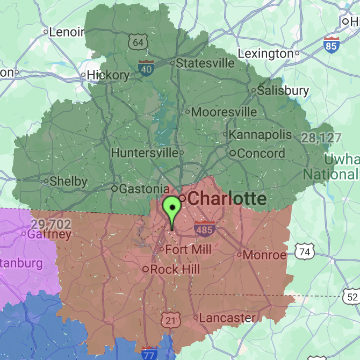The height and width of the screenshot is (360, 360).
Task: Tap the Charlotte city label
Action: [x=227, y=199]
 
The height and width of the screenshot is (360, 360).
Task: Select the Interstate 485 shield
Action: [x=205, y=228]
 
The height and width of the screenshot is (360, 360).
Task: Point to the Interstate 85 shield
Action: [x=332, y=45]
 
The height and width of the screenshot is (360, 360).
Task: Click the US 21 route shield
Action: [x=170, y=320]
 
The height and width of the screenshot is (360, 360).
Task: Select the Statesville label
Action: [x=205, y=63]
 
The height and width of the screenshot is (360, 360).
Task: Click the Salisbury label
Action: [x=283, y=90]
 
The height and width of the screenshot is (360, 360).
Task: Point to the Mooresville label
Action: [x=224, y=112]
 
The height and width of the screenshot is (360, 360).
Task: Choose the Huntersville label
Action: [x=145, y=153]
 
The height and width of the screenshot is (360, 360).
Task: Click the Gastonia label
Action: [x=143, y=189]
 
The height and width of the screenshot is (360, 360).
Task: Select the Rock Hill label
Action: [x=175, y=269]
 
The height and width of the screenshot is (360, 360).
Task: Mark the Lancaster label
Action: [x=227, y=318]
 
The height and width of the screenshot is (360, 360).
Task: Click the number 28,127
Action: [x=321, y=138]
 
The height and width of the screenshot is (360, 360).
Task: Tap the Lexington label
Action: [x=265, y=54]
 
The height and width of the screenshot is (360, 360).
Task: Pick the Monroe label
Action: [x=265, y=255]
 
